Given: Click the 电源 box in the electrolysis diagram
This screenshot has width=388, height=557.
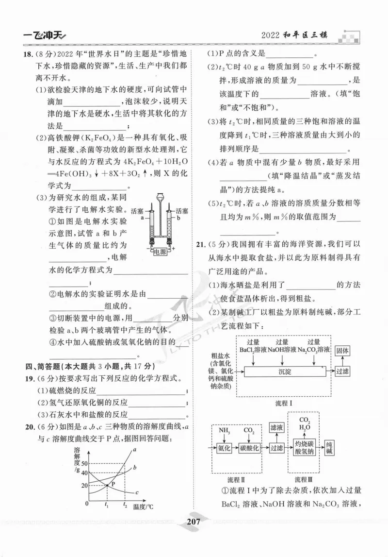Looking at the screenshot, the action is point(160,252).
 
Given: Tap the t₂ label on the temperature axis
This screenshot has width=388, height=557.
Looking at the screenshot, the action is point(125,506).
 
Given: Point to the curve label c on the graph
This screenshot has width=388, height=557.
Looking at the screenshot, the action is point(137,493).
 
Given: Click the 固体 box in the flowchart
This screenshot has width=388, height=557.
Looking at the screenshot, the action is point(343,350).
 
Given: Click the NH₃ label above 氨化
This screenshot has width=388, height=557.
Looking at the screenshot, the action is point(224,430).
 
